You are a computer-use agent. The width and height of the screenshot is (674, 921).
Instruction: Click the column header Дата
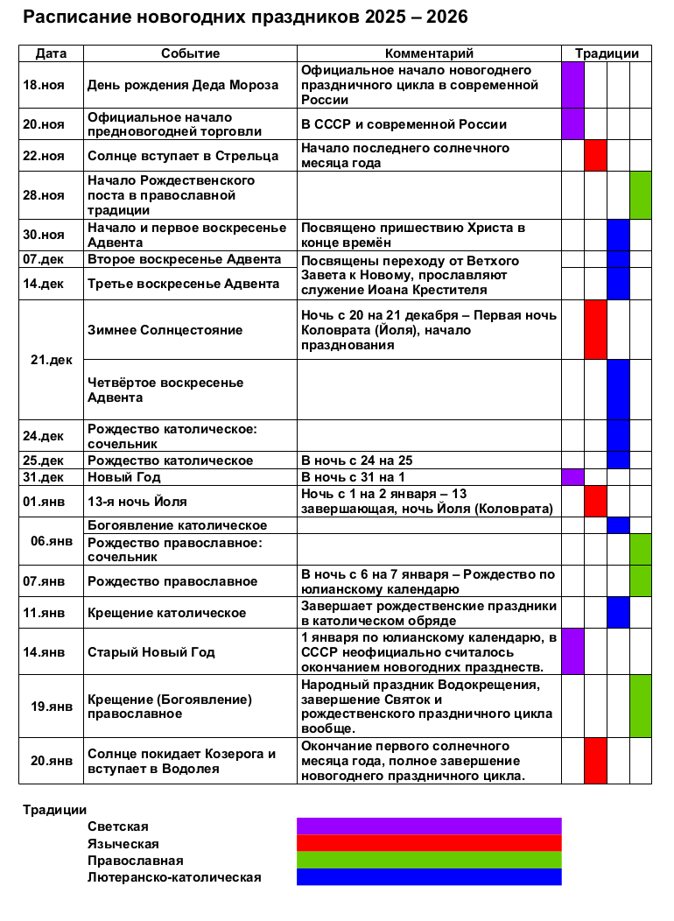51,53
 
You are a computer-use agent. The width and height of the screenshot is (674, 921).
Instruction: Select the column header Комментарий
429,53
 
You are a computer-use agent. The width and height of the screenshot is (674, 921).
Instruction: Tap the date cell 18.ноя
44,85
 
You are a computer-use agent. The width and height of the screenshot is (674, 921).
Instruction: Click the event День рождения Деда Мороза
183,85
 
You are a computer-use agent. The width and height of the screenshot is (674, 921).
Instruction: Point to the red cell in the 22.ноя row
595,156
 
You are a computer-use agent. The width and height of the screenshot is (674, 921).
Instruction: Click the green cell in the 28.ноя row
641,195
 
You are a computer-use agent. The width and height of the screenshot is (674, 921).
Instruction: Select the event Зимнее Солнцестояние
165,330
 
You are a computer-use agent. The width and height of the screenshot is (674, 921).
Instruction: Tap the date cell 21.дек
51,360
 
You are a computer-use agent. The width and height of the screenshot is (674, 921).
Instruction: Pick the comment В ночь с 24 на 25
357,460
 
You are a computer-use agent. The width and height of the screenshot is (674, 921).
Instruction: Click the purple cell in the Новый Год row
572,477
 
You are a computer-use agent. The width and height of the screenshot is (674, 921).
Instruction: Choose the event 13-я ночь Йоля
137,502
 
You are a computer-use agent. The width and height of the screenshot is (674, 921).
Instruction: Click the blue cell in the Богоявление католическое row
618,525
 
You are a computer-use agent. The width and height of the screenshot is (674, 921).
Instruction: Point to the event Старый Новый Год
151,652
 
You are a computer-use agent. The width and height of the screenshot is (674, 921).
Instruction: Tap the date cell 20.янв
51,761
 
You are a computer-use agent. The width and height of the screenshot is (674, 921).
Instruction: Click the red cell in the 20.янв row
595,761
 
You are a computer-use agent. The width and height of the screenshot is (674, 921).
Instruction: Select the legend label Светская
118,826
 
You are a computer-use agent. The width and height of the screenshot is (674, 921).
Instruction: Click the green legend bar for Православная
429,860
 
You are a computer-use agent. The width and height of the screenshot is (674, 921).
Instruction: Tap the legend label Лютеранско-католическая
174,876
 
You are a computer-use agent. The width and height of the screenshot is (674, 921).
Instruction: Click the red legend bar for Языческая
429,843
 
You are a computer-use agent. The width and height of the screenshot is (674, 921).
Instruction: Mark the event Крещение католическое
166,613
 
